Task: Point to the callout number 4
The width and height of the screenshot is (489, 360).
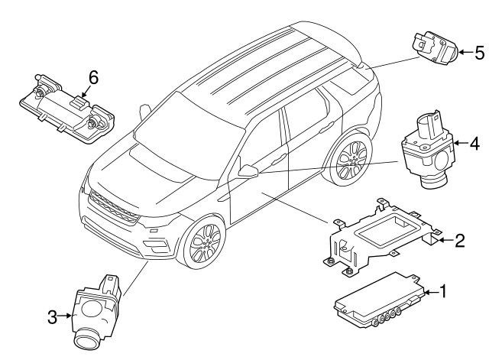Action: (x=474, y=142)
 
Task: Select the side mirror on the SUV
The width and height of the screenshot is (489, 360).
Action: (x=249, y=170)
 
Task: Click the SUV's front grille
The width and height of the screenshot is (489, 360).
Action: (x=113, y=206)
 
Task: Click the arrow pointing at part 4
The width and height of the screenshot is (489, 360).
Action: (x=460, y=142)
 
